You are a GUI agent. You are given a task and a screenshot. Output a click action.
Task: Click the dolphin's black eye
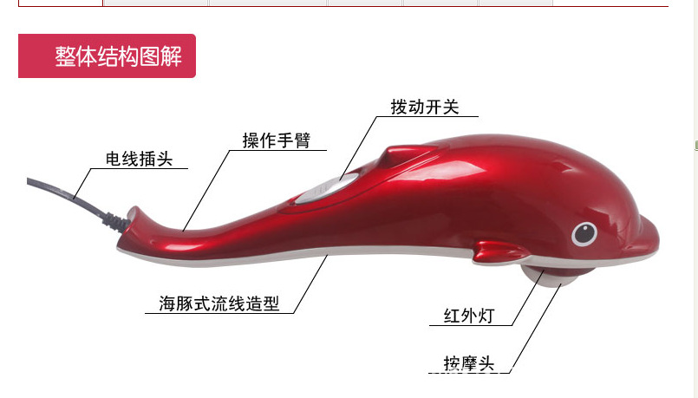coord(584,233)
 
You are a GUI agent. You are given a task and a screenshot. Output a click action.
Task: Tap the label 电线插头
coord(139,160)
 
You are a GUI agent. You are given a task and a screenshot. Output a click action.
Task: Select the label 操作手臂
coord(276,140)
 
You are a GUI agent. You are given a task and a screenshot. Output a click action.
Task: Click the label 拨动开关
coord(424,107)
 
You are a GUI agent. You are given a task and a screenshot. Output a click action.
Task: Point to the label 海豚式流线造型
coord(219,304)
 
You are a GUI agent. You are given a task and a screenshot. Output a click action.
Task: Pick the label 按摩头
coord(469,363)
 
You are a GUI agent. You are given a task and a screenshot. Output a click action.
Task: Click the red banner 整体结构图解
coord(107,56)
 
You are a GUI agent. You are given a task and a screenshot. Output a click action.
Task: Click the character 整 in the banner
coord(65,57)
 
